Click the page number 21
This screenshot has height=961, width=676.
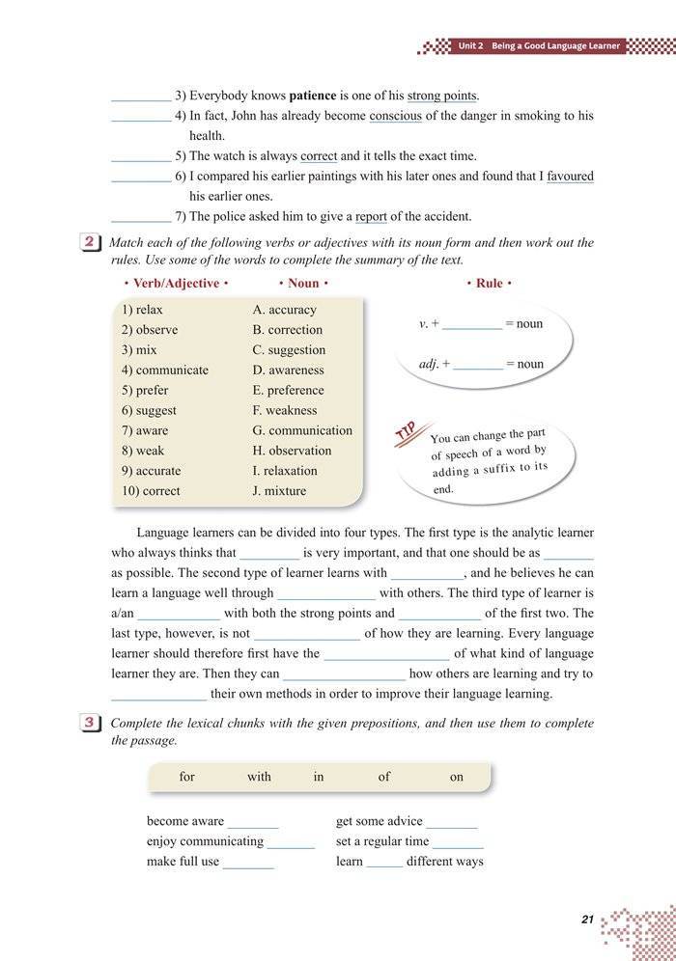point(587,920)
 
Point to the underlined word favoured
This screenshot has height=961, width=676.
point(570,176)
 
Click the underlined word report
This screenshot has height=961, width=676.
point(371,216)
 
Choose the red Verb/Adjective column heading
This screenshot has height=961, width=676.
point(176,284)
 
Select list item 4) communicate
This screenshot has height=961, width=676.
point(165,370)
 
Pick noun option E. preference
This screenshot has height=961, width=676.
point(289,390)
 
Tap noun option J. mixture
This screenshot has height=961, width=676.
point(279,490)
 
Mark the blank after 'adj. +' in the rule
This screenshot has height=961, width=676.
point(477,366)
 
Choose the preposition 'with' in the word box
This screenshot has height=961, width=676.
point(259,777)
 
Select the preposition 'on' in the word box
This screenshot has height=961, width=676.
point(457,777)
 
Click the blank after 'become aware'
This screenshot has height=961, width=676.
point(252,823)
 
